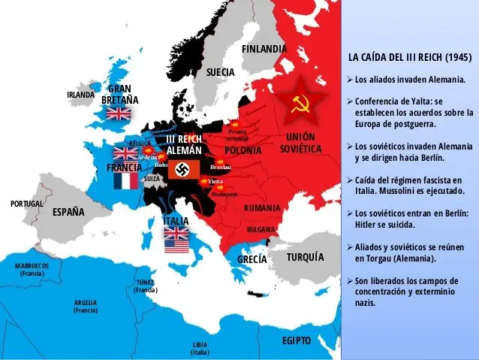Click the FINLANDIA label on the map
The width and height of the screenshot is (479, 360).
[x=264, y=49]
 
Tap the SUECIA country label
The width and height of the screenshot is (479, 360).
[x=221, y=72]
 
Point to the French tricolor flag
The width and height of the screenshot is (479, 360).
[x=126, y=181]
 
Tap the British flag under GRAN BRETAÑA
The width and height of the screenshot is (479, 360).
[x=119, y=113]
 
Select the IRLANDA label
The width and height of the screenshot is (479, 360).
[x=81, y=95]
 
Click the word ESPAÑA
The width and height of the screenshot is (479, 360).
[x=68, y=212]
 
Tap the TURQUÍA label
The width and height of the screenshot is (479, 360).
[x=305, y=257]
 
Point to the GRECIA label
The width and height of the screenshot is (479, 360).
[x=252, y=259]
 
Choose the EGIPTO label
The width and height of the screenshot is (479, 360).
[x=297, y=340]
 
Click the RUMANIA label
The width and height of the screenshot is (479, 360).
[x=262, y=207]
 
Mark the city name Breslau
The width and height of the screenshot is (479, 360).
[x=221, y=167]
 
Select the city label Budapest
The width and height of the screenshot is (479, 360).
[x=224, y=194]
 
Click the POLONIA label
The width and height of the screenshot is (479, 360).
[x=243, y=150]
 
